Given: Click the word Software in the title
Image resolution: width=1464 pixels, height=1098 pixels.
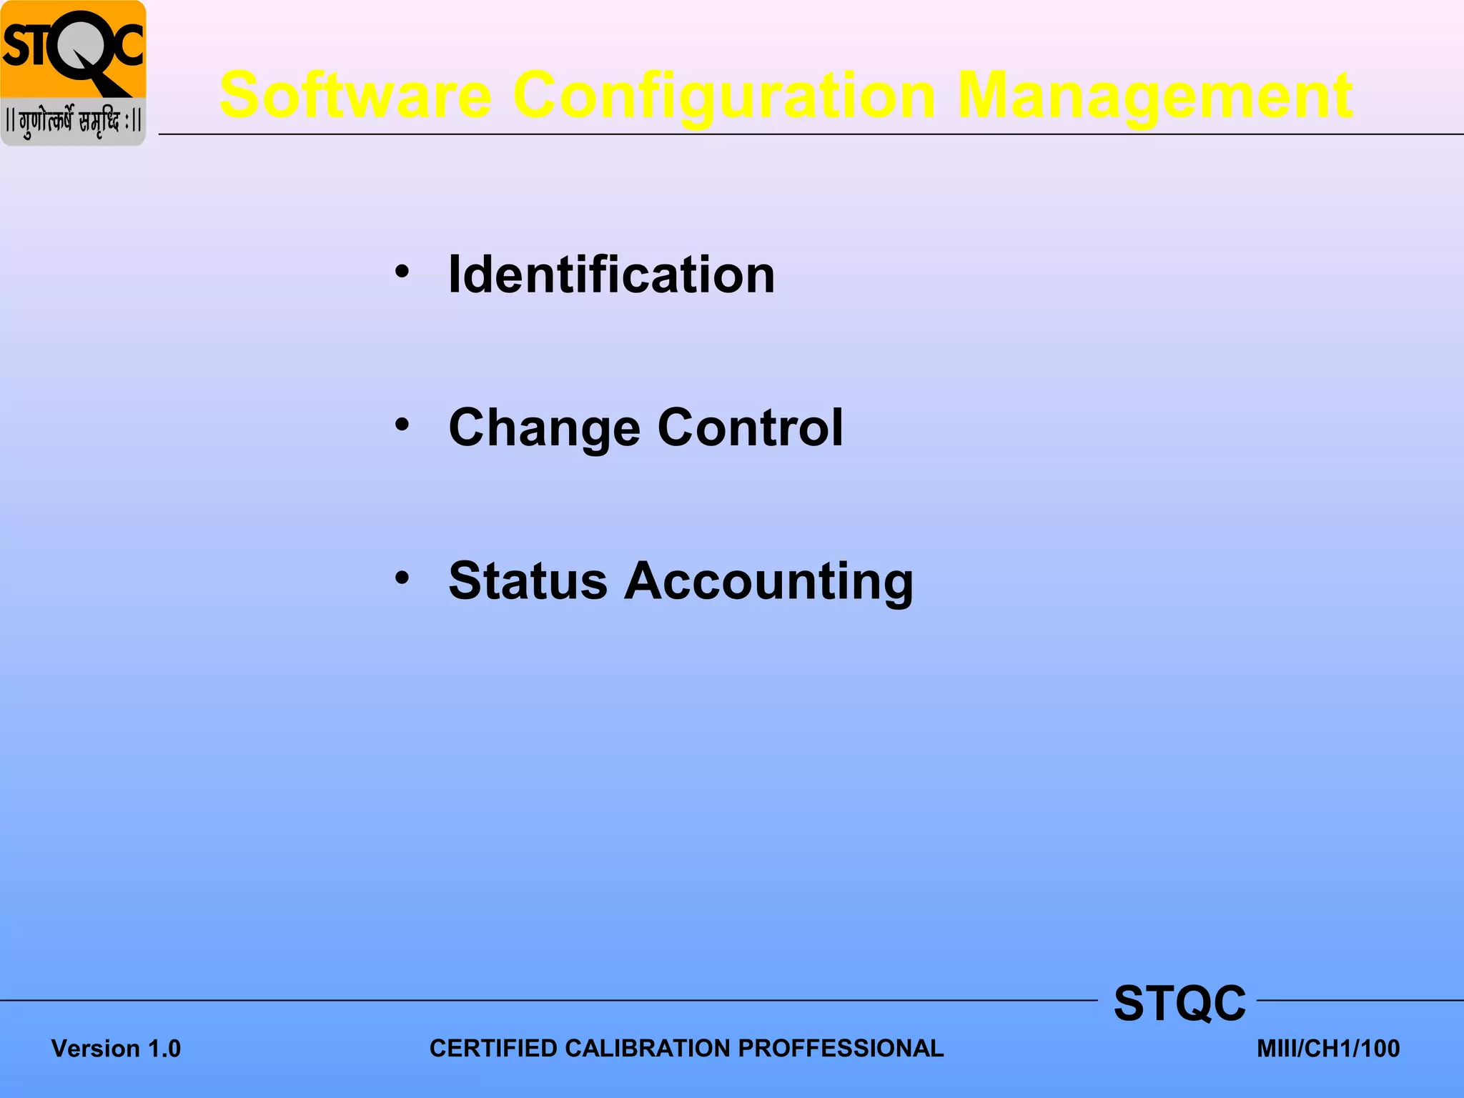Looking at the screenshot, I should (355, 96).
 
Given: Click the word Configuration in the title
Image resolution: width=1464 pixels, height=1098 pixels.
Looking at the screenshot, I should (724, 97).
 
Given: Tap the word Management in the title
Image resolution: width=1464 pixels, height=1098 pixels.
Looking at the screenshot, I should (1154, 96).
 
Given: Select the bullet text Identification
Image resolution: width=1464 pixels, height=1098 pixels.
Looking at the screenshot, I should (611, 275).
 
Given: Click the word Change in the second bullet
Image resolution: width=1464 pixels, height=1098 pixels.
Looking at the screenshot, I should (543, 428).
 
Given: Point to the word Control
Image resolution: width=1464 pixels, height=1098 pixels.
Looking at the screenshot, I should (750, 427).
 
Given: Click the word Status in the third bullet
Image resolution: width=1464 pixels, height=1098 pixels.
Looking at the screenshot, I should (528, 580).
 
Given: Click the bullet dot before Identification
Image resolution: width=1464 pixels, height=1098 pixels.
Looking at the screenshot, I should (402, 272).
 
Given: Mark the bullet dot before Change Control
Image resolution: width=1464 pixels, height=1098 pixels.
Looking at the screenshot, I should (402, 425).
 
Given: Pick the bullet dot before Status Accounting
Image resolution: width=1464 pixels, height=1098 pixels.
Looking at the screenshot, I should (402, 578).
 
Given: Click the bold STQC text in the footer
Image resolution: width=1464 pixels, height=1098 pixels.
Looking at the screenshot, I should (1179, 1004).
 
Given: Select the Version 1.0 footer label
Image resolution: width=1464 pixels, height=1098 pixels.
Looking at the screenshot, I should (116, 1049).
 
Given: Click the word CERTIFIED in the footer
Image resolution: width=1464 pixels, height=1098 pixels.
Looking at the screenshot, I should (493, 1049).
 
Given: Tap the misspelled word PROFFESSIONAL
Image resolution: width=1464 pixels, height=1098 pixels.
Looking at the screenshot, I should (841, 1049).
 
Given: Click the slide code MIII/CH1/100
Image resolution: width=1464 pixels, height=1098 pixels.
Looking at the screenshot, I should (1328, 1049).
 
